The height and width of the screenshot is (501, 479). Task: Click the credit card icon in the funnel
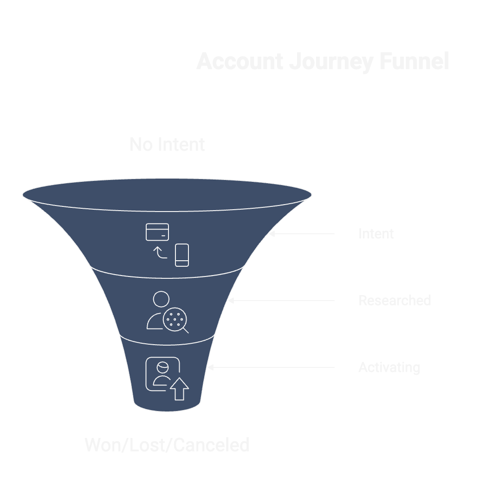(x=157, y=232)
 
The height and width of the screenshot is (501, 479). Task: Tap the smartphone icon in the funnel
(x=182, y=255)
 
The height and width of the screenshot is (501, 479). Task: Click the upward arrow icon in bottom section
(x=179, y=389)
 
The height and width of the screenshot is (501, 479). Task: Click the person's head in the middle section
(x=161, y=299)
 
